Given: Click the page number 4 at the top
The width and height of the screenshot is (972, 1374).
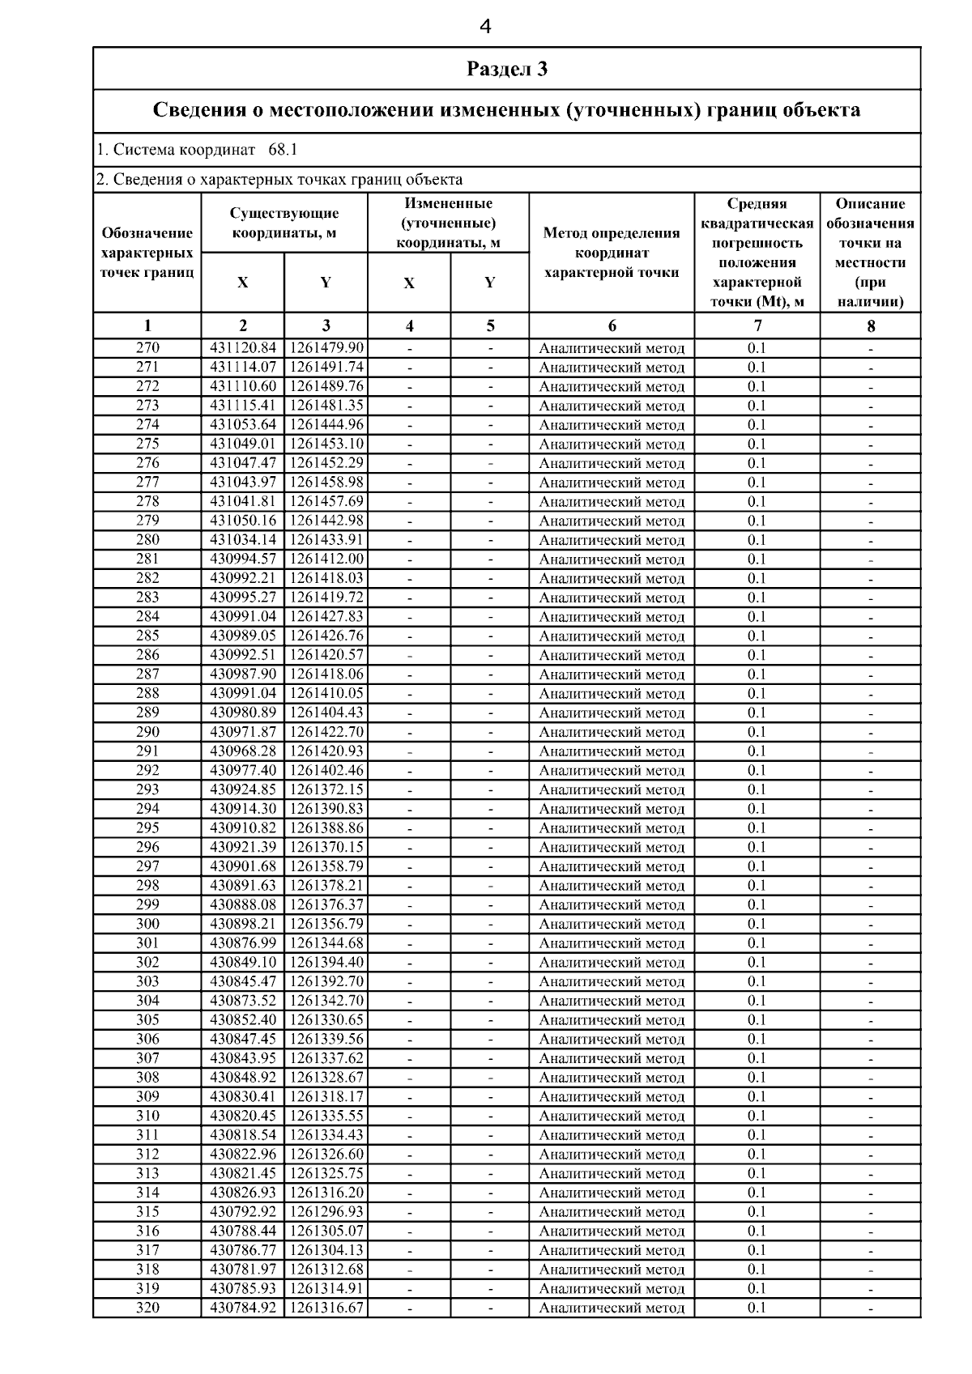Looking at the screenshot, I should pyautogui.click(x=485, y=28).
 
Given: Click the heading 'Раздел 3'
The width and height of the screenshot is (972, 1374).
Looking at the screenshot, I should pyautogui.click(x=507, y=69).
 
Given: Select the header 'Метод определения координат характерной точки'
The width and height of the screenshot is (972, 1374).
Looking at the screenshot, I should pyautogui.click(x=612, y=253).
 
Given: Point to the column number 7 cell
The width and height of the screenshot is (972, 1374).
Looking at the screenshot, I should pyautogui.click(x=757, y=326).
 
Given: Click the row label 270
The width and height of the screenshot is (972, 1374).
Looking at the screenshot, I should pyautogui.click(x=147, y=348).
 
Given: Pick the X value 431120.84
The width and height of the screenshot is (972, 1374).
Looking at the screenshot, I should pyautogui.click(x=243, y=348).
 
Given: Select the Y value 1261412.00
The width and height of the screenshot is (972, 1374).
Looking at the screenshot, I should pyautogui.click(x=326, y=559).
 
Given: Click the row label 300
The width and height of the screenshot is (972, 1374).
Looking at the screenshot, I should pyautogui.click(x=147, y=925).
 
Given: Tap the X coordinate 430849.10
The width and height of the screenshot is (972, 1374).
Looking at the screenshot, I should pyautogui.click(x=243, y=963).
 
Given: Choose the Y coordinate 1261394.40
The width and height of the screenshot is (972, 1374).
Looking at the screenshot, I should pyautogui.click(x=326, y=963).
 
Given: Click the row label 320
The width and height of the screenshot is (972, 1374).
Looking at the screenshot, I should pyautogui.click(x=147, y=1308).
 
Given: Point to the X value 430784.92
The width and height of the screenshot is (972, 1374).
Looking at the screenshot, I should pyautogui.click(x=243, y=1308).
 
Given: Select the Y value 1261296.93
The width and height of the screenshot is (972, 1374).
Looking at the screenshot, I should pyautogui.click(x=326, y=1212).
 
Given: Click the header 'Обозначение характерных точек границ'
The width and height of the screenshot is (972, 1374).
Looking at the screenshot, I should pyautogui.click(x=147, y=253).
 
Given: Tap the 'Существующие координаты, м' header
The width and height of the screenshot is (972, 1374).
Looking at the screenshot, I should pyautogui.click(x=284, y=223).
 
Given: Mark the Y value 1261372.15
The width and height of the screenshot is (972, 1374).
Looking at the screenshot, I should pyautogui.click(x=326, y=789).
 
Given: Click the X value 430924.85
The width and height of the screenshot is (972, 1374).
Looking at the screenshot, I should pyautogui.click(x=243, y=789).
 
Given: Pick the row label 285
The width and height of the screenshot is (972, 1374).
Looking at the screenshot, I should pyautogui.click(x=147, y=636).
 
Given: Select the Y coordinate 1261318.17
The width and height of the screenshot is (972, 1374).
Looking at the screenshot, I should pyautogui.click(x=326, y=1097).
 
